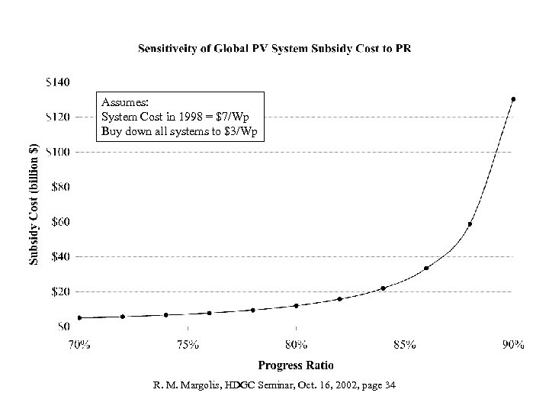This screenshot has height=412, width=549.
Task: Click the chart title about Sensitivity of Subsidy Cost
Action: (284, 48)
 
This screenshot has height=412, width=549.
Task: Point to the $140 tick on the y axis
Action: (59, 81)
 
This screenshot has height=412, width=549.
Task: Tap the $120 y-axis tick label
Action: (59, 116)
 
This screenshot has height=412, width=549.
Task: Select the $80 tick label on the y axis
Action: (61, 186)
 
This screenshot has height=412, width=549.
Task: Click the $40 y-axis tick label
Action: (61, 256)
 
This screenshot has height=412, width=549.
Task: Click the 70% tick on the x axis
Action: (79, 344)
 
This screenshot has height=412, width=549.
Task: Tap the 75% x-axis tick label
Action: (188, 344)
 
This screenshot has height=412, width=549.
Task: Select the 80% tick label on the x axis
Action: (296, 344)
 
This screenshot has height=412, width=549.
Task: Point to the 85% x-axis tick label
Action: (404, 344)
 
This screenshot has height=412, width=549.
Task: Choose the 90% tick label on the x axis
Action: (512, 344)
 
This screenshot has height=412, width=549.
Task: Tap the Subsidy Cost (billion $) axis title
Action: (34, 204)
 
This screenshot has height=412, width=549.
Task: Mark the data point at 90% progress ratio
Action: (513, 99)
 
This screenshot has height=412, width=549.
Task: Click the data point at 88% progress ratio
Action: (470, 224)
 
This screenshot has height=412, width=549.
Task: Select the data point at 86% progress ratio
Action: (426, 268)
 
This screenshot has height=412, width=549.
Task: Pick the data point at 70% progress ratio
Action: (79, 317)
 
